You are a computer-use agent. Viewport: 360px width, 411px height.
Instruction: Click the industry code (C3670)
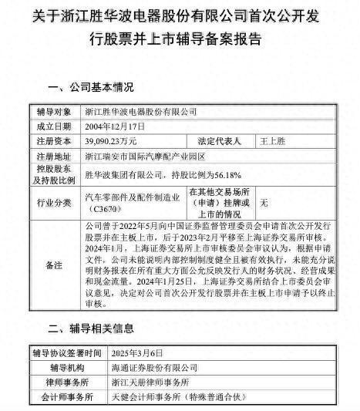pyautogui.click(x=111, y=207)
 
